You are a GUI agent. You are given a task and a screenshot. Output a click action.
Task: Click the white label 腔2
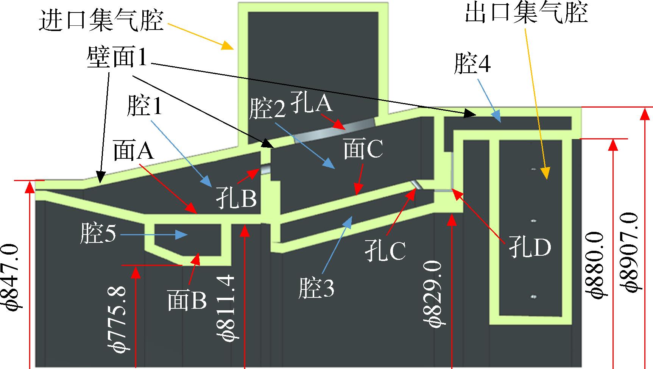267,109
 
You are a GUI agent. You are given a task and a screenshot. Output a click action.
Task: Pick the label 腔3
316,288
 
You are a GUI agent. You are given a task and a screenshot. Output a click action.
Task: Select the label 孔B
237,199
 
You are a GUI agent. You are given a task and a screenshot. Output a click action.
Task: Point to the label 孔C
386,250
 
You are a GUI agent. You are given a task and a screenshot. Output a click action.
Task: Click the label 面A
134,152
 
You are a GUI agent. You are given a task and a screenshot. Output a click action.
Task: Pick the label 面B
187,301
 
